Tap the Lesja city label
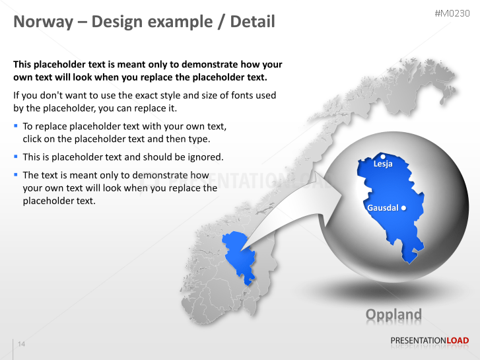click(x=383, y=164)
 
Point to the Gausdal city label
click(x=382, y=208)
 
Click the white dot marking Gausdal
click(x=403, y=208)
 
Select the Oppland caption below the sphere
click(x=394, y=315)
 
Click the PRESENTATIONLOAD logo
click(x=429, y=341)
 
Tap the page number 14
click(x=21, y=344)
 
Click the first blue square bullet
click(x=16, y=126)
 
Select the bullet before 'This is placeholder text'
click(x=16, y=157)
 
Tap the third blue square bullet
click(x=16, y=175)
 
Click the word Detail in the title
click(x=248, y=22)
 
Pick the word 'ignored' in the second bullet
click(x=205, y=157)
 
